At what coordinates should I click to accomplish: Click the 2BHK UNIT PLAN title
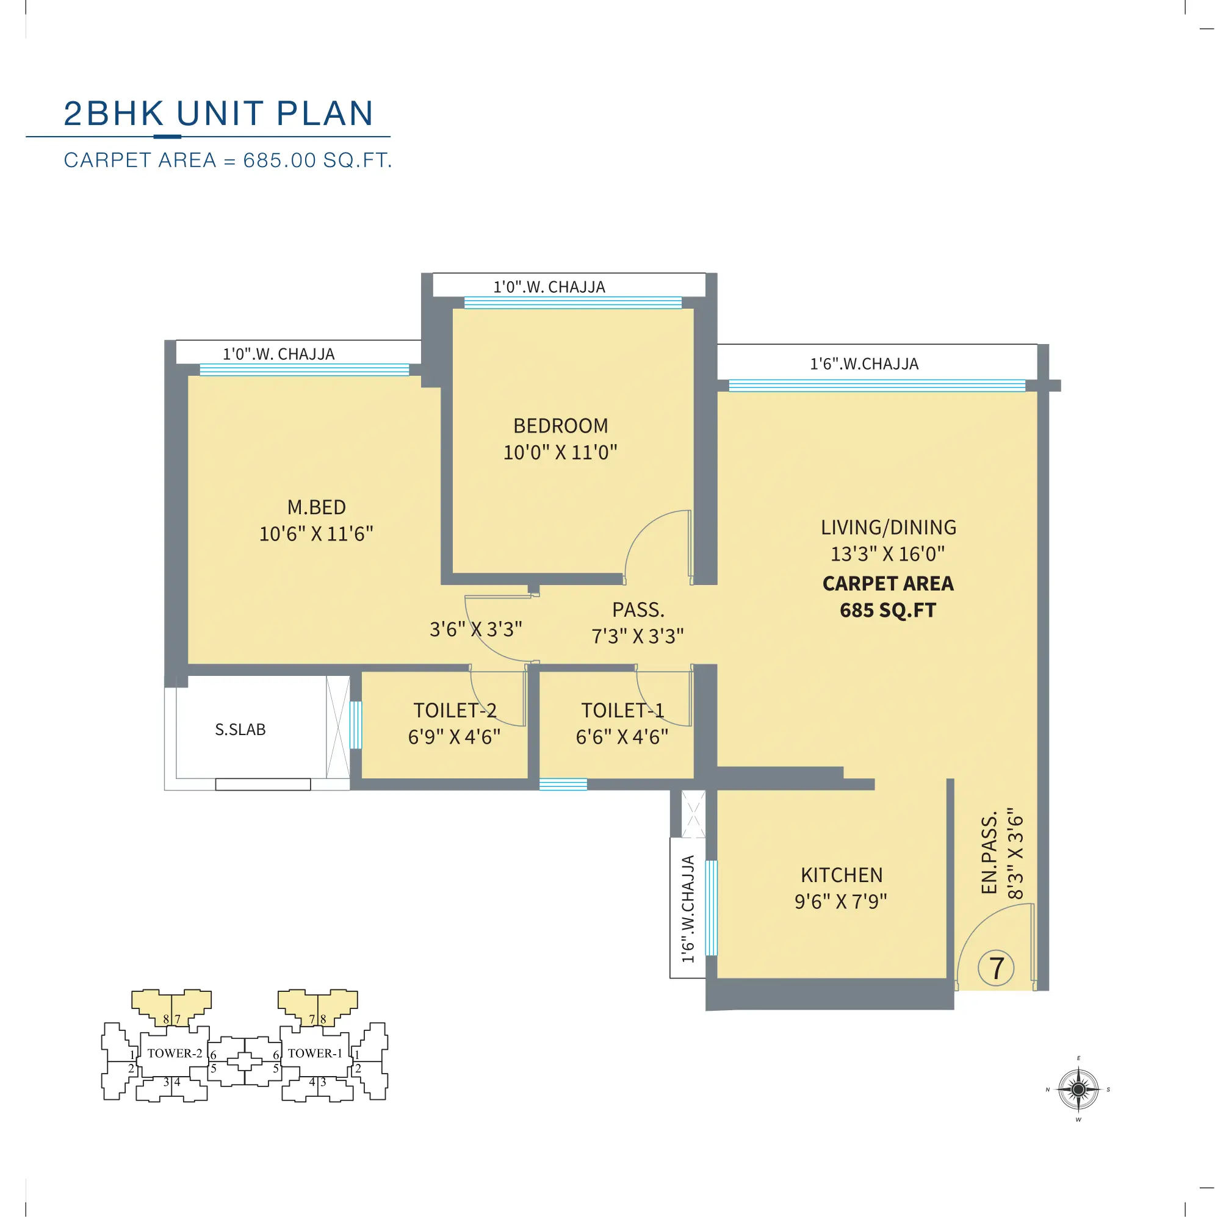point(218,114)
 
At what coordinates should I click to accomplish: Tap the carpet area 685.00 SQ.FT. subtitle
point(228,160)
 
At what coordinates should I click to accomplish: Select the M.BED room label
point(316,507)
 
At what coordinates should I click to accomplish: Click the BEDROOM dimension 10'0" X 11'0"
point(560,452)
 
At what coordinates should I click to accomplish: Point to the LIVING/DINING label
point(888,527)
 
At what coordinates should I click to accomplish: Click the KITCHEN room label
point(842,875)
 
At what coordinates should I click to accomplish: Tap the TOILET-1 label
point(622,711)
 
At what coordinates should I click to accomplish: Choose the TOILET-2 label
point(455,711)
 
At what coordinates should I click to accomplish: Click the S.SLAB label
point(240,730)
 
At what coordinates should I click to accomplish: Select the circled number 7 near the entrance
point(996,968)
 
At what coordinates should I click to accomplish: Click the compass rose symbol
point(1078,1089)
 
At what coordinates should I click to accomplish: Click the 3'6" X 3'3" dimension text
point(476,630)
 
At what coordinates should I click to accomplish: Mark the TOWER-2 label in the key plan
point(175,1054)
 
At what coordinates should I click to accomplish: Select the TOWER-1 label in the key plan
point(314,1054)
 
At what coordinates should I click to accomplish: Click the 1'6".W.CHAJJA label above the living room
point(864,364)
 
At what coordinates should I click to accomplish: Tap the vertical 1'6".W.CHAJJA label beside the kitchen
point(688,909)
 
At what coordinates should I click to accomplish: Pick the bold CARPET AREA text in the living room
point(888,583)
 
